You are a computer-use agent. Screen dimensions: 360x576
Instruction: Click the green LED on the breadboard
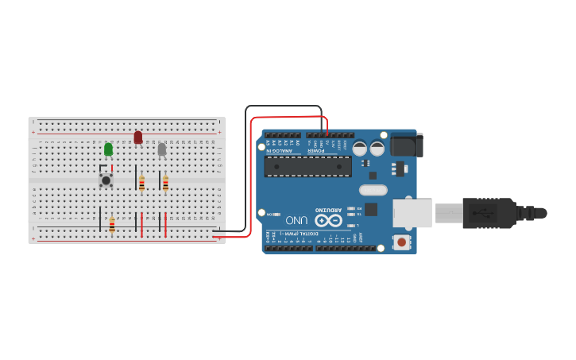[x=108, y=149]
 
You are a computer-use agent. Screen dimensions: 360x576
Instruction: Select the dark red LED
[x=137, y=137]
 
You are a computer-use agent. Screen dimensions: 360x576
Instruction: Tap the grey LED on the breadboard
[x=161, y=149]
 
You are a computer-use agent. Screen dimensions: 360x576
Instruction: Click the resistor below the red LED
[x=141, y=184]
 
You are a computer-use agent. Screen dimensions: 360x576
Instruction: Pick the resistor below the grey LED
[x=165, y=184]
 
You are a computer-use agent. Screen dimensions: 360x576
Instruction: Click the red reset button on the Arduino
[x=403, y=242]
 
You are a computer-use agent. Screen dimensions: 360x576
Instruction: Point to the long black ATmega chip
[x=307, y=166]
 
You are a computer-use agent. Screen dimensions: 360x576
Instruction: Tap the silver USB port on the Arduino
[x=412, y=213]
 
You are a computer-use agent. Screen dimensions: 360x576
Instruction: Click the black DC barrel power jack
[x=407, y=145]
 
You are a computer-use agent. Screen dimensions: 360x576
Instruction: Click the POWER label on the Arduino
[x=316, y=149]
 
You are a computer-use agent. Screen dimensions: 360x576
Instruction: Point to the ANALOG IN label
[x=279, y=149]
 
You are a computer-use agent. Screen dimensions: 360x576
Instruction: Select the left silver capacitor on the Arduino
[x=360, y=148]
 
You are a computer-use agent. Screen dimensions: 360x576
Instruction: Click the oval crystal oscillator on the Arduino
[x=372, y=190]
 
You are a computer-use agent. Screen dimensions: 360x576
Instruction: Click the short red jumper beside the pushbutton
[x=112, y=168]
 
